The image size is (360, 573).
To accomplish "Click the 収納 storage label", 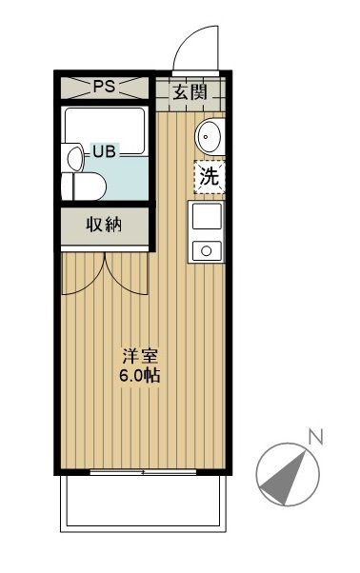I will pyautogui.click(x=105, y=226).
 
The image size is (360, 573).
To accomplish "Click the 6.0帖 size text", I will pyautogui.click(x=139, y=375).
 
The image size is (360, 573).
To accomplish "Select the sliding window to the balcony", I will pyautogui.click(x=142, y=472).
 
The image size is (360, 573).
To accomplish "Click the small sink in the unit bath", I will pyautogui.click(x=71, y=154).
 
